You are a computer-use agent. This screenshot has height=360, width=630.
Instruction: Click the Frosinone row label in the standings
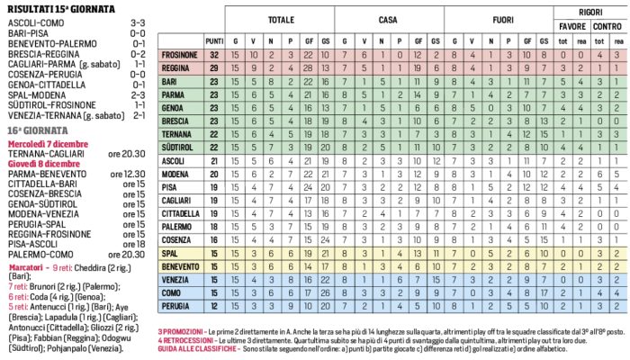(x=179, y=55)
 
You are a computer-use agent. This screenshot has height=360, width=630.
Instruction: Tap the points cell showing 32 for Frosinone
(x=214, y=55)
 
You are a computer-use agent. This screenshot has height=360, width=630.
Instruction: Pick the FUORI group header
(x=498, y=19)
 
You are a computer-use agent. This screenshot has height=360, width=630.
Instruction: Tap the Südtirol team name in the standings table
(x=178, y=147)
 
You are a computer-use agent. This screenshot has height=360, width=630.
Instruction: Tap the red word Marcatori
(x=28, y=268)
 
